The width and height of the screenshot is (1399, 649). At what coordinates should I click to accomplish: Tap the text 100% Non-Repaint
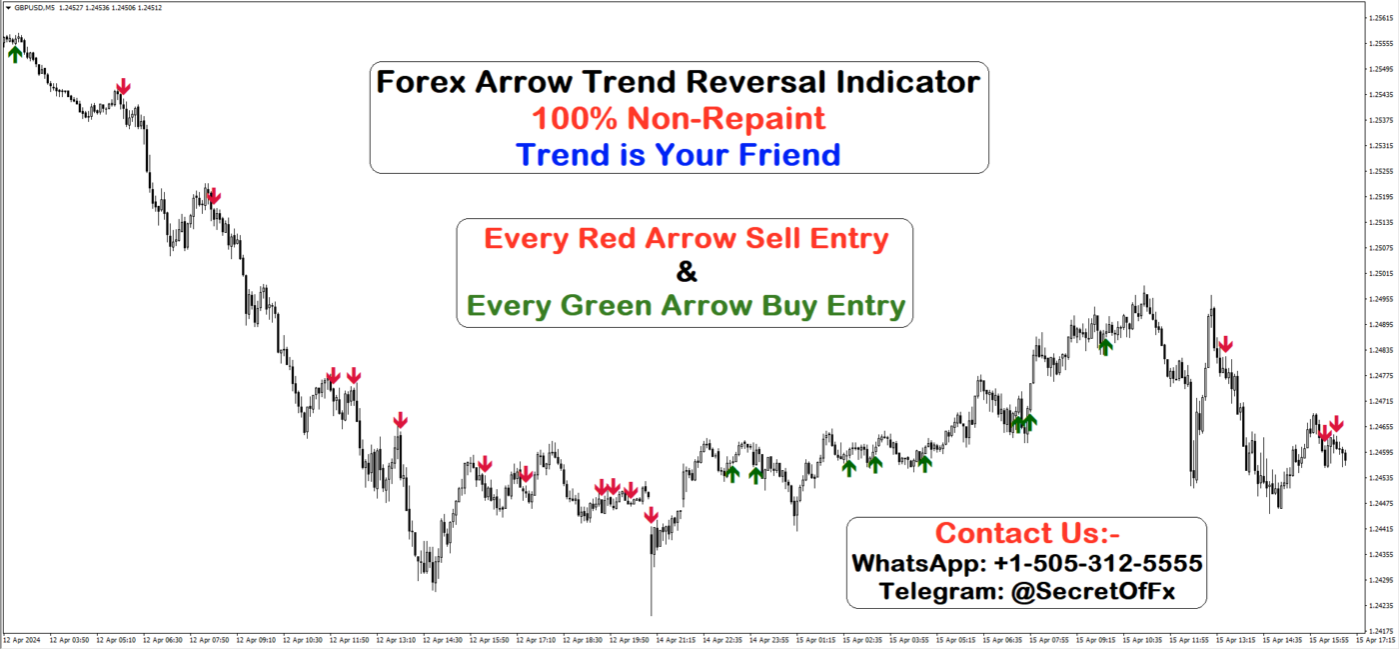point(679,119)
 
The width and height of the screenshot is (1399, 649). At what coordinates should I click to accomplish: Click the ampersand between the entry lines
point(686,272)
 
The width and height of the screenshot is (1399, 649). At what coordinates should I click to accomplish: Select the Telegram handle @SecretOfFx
point(1093,592)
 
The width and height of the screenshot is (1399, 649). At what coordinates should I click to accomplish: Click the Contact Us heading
point(1027,533)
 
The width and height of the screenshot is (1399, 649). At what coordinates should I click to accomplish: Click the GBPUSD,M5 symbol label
point(34,8)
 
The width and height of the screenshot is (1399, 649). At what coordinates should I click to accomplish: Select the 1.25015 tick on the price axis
point(1382,273)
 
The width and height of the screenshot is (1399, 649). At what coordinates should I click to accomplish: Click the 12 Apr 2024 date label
point(21,639)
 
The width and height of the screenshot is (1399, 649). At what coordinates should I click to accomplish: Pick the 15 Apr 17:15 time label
point(1378,639)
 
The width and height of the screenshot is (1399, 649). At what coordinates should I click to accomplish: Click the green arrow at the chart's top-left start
point(14,53)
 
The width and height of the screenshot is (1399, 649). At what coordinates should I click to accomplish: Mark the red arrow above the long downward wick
point(651,515)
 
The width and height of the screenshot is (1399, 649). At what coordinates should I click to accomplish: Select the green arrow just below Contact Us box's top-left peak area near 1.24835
point(1105,346)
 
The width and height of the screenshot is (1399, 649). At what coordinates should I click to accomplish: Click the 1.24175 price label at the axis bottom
point(1382,630)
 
